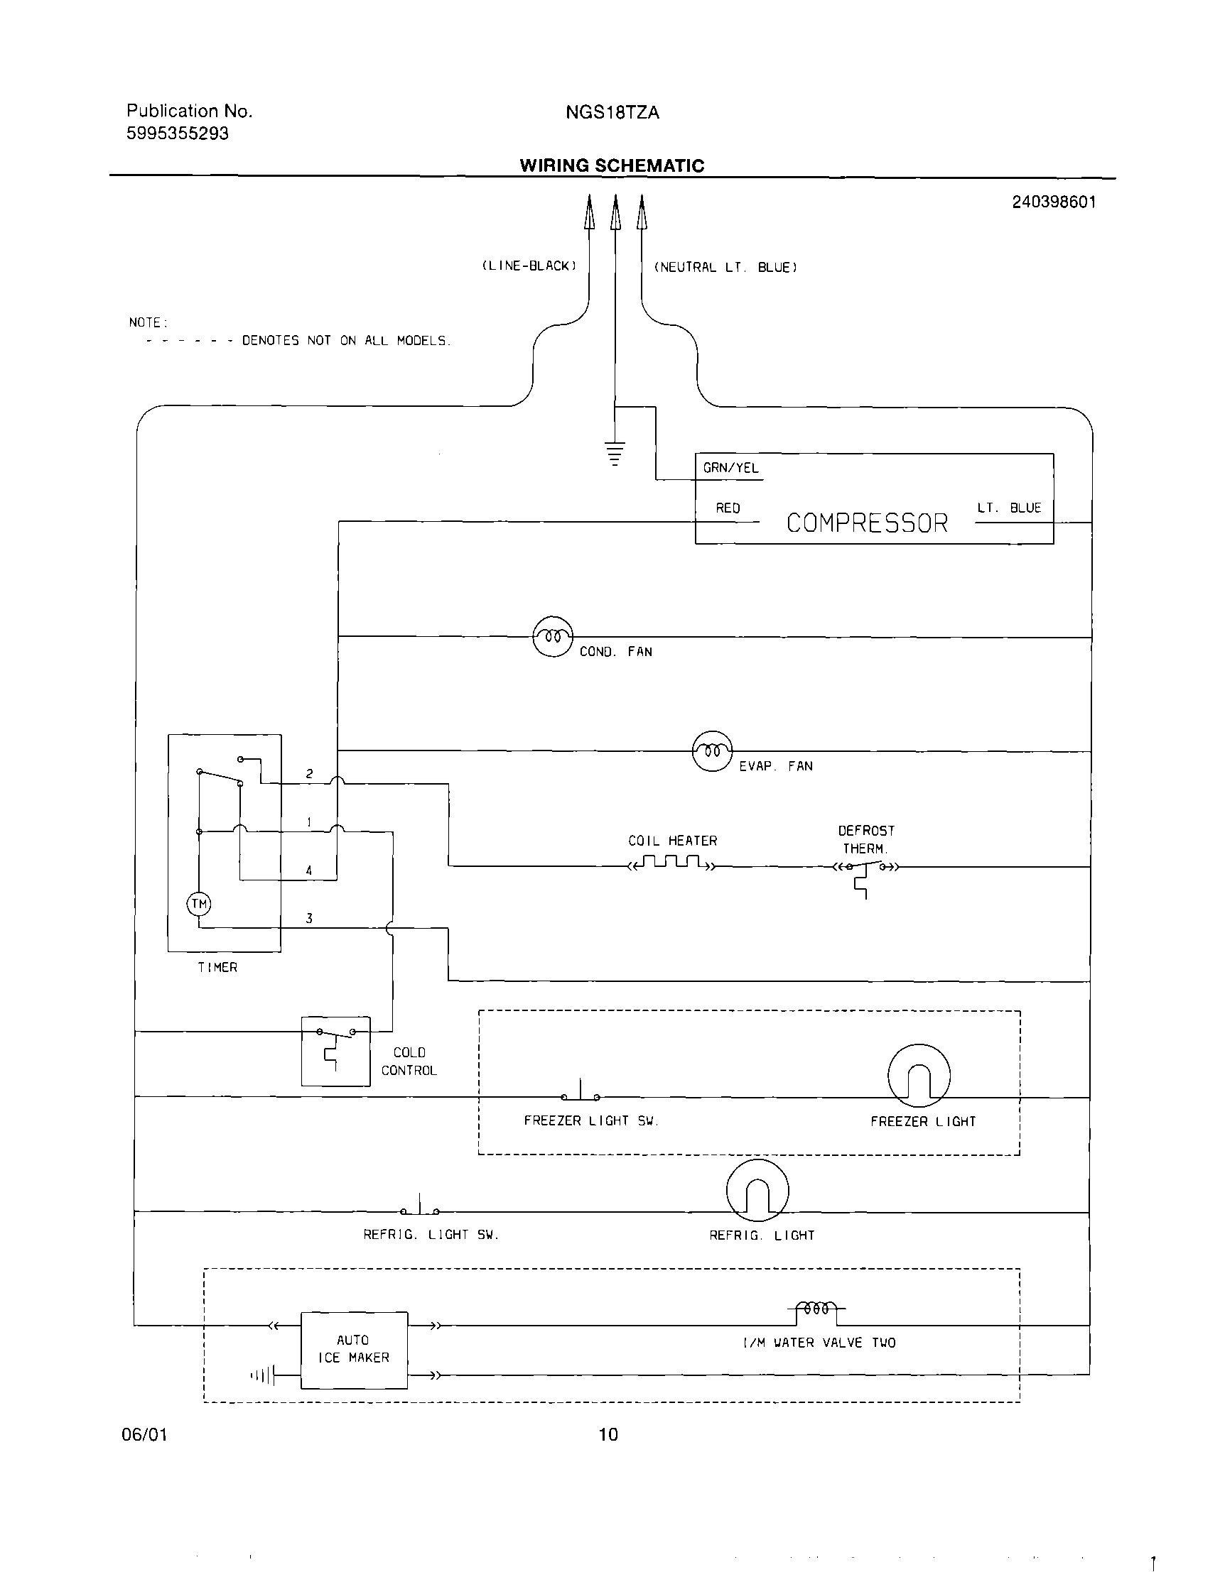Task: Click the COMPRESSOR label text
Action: click(866, 523)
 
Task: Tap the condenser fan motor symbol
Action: click(552, 636)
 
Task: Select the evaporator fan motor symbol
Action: click(711, 750)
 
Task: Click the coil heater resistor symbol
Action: click(672, 862)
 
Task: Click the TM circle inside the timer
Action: click(199, 904)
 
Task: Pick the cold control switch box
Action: click(335, 1051)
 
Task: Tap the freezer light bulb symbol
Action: click(918, 1076)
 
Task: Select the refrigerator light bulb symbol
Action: click(757, 1190)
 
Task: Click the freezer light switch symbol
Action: click(581, 1093)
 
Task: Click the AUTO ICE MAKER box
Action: click(354, 1350)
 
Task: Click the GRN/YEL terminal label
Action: click(730, 468)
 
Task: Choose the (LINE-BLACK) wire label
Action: click(529, 266)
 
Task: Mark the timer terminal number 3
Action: click(309, 919)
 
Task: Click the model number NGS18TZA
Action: click(612, 113)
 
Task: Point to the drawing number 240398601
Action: click(1054, 202)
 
